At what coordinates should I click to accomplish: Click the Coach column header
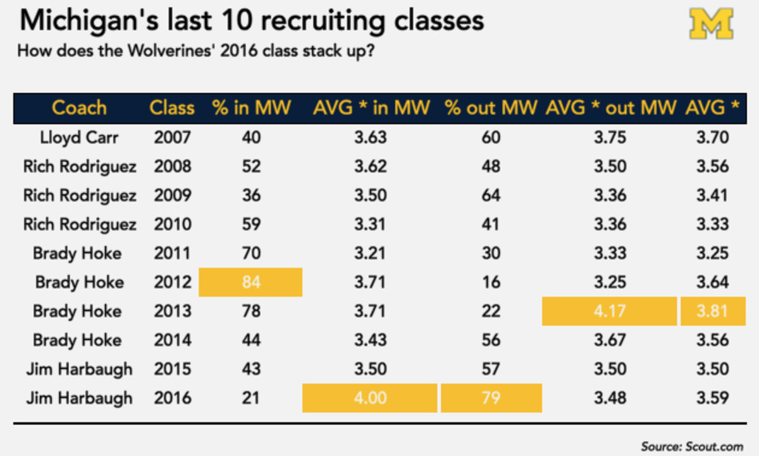tap(79, 108)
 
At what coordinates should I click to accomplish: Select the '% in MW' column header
tap(251, 108)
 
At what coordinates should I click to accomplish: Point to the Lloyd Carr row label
tap(79, 137)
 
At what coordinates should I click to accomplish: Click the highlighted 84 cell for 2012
tap(251, 282)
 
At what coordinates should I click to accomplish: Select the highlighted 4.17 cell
tap(609, 312)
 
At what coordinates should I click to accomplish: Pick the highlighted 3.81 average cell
tap(712, 312)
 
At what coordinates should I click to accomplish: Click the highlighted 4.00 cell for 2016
tap(370, 398)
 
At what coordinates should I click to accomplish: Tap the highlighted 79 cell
tap(491, 398)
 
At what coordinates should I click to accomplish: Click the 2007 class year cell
tap(172, 137)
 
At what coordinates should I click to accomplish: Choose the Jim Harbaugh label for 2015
tap(79, 369)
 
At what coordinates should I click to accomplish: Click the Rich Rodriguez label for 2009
tap(79, 196)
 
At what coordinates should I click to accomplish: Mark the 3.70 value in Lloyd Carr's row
tap(712, 137)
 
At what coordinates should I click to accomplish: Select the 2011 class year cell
tap(172, 253)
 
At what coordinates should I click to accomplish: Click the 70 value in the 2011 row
tap(251, 253)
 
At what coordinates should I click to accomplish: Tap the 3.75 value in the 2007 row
tap(609, 137)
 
